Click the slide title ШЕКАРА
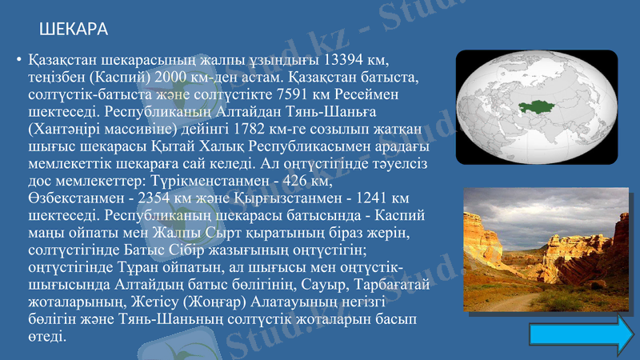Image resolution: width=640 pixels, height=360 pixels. click(74, 30)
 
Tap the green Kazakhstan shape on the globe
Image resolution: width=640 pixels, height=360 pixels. click(543, 106)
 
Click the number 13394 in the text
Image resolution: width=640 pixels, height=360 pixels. click(345, 60)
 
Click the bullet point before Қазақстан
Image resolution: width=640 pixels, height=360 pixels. click(18, 61)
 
